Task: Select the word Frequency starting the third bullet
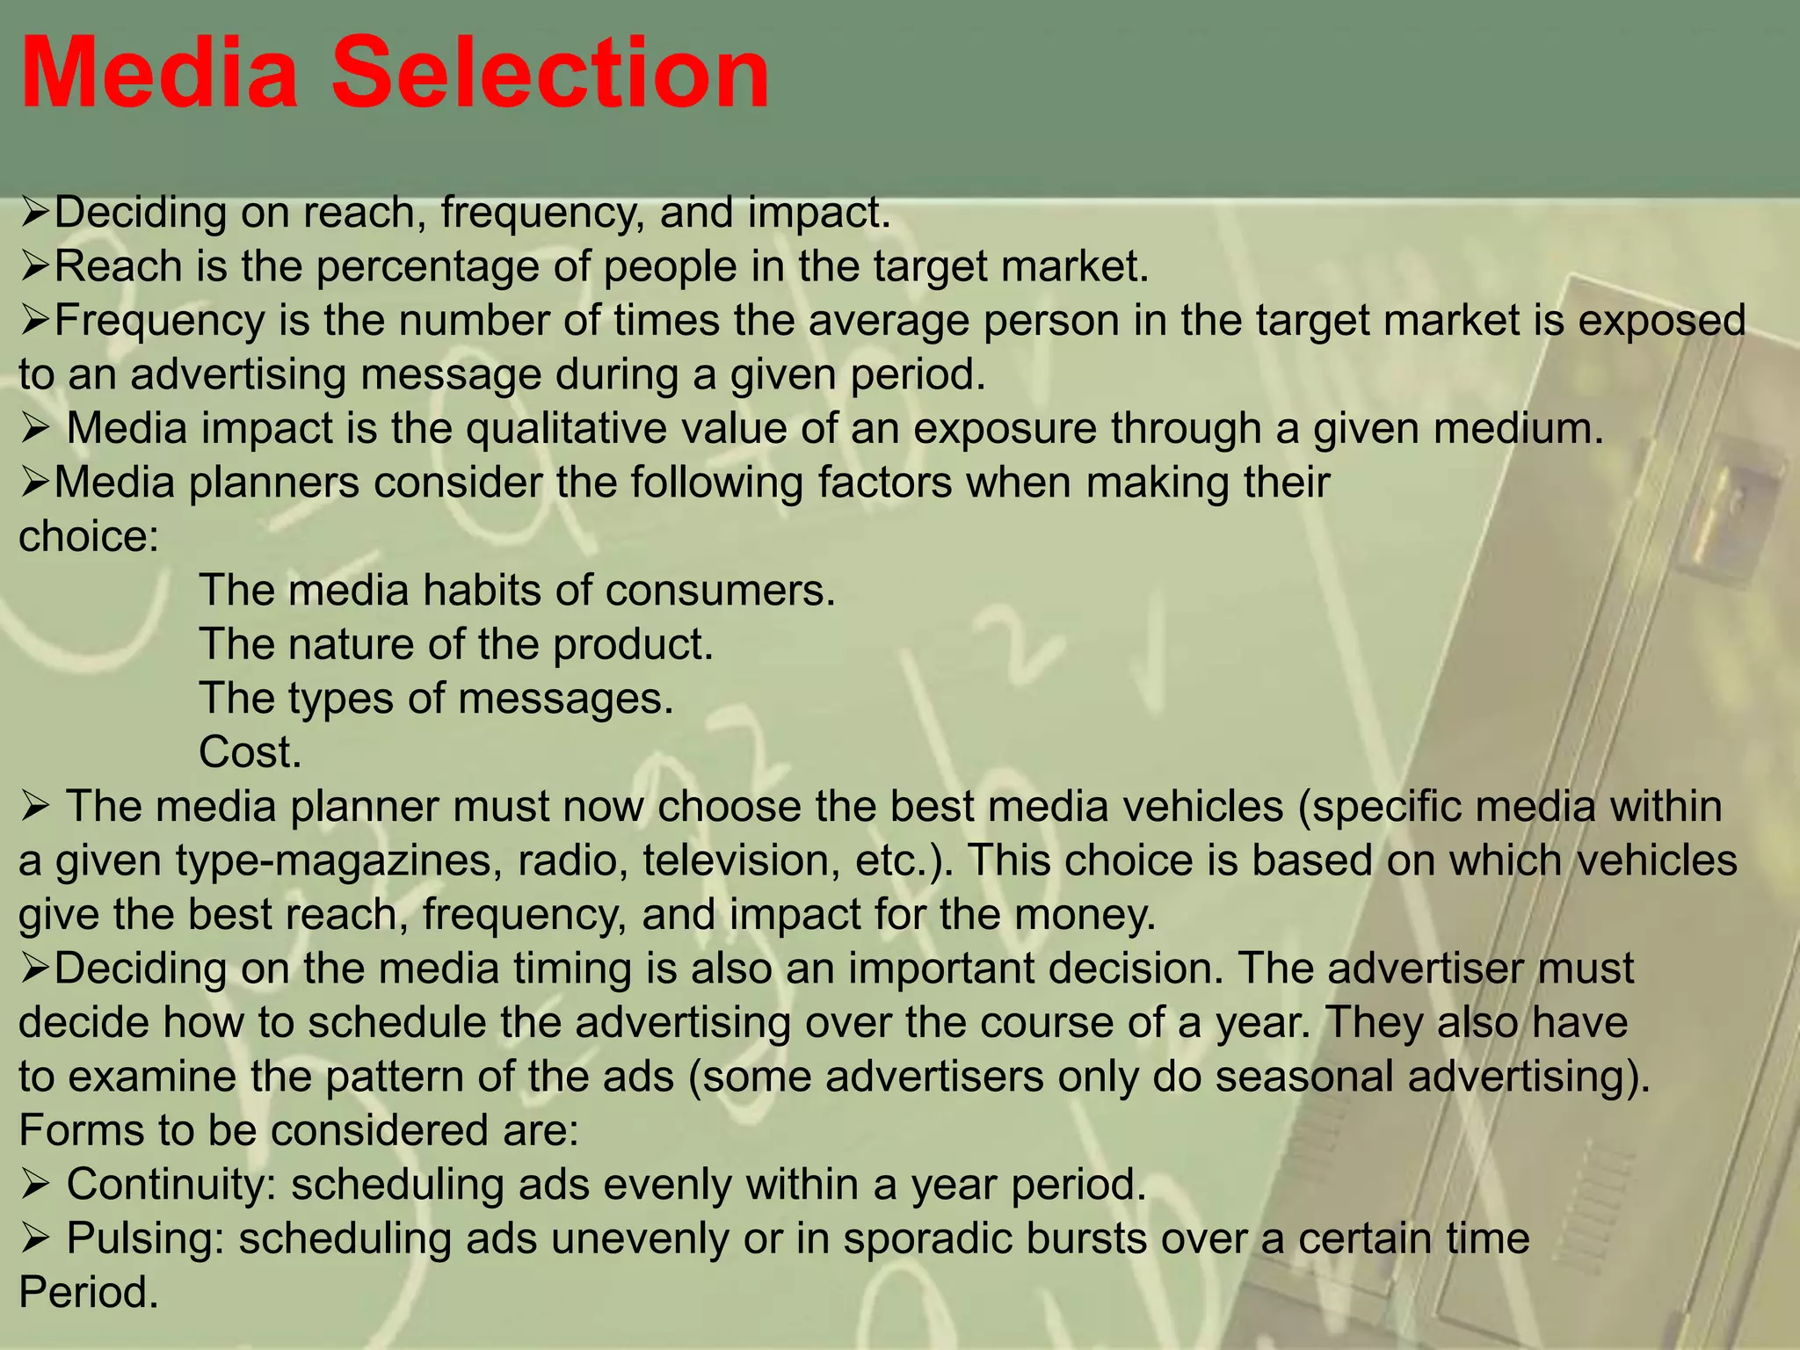pos(159,321)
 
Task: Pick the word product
pos(633,645)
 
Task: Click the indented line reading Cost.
pos(250,753)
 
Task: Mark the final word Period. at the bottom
pos(89,1294)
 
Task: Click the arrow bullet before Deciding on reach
pos(35,213)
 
